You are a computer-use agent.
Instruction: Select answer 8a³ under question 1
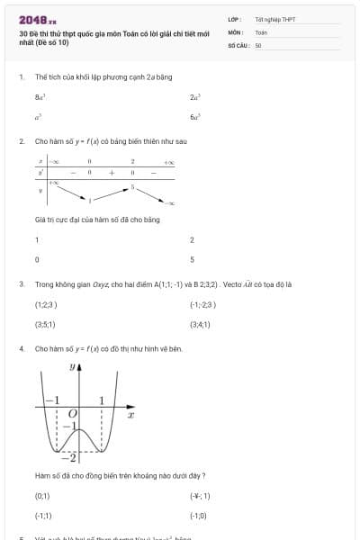click(x=40, y=95)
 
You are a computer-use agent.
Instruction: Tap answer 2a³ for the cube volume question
click(x=194, y=95)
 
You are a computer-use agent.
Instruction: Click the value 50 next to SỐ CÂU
click(x=258, y=44)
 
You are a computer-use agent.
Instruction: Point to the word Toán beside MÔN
click(x=261, y=31)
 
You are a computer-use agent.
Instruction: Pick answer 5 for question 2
click(x=192, y=259)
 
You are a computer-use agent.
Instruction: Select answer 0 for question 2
click(x=36, y=259)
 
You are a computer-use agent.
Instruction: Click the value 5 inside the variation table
click(x=132, y=187)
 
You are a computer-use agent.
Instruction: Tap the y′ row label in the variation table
click(x=40, y=171)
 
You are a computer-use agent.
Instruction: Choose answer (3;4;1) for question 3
click(x=200, y=324)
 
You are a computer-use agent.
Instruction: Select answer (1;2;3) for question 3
click(x=45, y=304)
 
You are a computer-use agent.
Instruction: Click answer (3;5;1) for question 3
click(x=45, y=324)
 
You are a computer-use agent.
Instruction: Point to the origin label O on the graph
click(x=73, y=412)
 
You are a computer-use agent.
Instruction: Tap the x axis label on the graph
click(x=130, y=415)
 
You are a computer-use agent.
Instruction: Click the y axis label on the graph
click(x=72, y=367)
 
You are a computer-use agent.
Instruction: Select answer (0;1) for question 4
click(x=42, y=496)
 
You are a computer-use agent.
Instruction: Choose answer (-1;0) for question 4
click(x=198, y=516)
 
